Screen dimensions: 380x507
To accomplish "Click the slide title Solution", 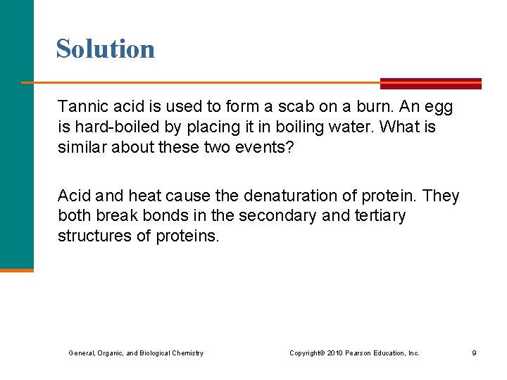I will pos(106,49).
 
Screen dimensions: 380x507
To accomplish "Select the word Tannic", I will pos(80,107).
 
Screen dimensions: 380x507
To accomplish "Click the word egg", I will pos(439,108).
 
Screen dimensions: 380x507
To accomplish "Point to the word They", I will pos(441,195).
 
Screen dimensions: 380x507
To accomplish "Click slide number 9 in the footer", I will pos(474,353).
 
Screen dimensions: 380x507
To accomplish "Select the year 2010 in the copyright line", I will pos(334,353).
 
